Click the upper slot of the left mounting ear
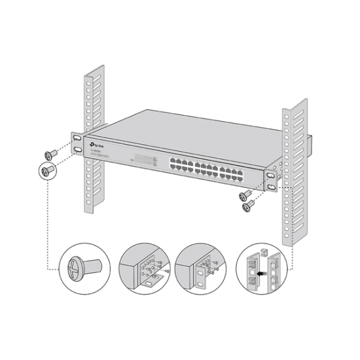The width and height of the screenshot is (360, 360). [x=78, y=139]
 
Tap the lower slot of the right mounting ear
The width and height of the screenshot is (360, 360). [x=271, y=187]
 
